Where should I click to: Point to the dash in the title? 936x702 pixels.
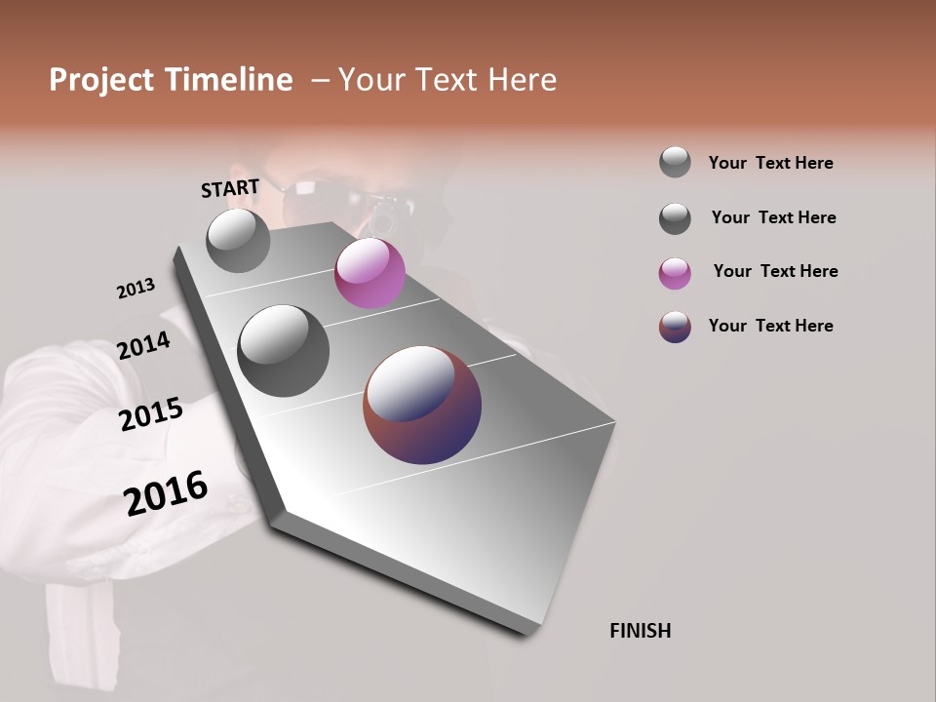point(320,80)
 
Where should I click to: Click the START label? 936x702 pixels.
point(230,188)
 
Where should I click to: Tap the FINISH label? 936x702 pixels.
point(641,631)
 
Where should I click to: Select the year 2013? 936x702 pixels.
point(136,289)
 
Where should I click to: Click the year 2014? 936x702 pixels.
point(144,345)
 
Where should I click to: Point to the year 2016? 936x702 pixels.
point(166,493)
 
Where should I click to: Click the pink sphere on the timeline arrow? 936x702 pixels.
point(370,273)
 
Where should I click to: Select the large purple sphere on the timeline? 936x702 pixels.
point(422,405)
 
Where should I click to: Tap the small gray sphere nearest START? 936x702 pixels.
point(238,240)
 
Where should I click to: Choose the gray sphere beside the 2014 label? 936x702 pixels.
point(283,351)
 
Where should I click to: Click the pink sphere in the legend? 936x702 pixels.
point(675,273)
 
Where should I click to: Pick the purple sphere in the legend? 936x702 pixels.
point(675,327)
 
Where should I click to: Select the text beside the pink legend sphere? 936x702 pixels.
point(775,271)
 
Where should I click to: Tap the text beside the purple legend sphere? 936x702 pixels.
point(770,326)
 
